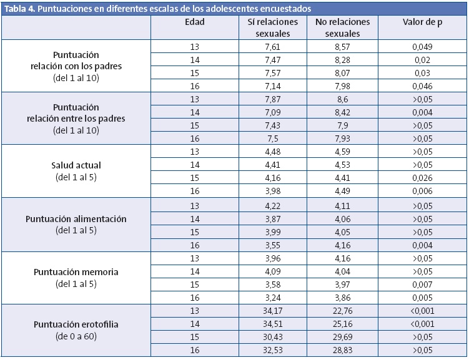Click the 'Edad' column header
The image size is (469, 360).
(x=195, y=22)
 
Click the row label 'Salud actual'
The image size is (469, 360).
(x=76, y=165)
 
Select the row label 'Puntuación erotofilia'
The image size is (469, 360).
(x=76, y=325)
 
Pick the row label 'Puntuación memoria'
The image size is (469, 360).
(x=76, y=272)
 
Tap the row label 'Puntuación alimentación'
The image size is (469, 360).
(x=76, y=219)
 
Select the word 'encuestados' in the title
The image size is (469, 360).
(x=285, y=9)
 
